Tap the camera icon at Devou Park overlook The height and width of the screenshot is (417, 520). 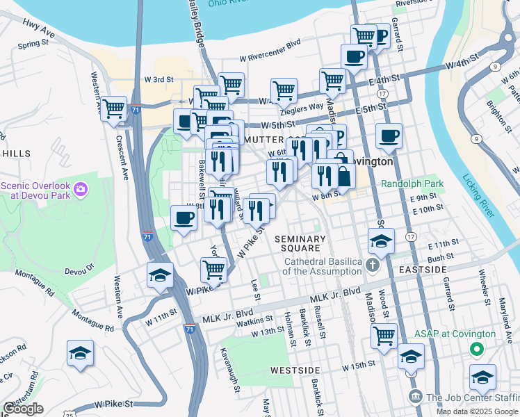[x=81, y=188]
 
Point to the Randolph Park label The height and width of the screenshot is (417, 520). [x=412, y=184]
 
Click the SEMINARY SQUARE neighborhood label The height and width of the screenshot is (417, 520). [x=300, y=243]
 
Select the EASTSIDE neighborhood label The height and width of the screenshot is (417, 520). [x=423, y=269]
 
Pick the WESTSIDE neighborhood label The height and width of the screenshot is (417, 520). [x=295, y=370]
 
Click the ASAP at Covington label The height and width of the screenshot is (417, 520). [x=455, y=334]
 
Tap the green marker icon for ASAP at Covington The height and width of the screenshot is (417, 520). [x=476, y=348]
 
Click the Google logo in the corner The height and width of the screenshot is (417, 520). [x=22, y=409]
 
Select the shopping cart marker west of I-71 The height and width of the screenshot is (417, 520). [x=113, y=108]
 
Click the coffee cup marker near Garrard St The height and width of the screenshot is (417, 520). [x=389, y=136]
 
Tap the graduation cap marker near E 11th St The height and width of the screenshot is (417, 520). [x=381, y=241]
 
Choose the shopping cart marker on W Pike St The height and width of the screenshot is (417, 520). [x=213, y=270]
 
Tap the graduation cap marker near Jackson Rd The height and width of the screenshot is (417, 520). [x=80, y=353]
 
